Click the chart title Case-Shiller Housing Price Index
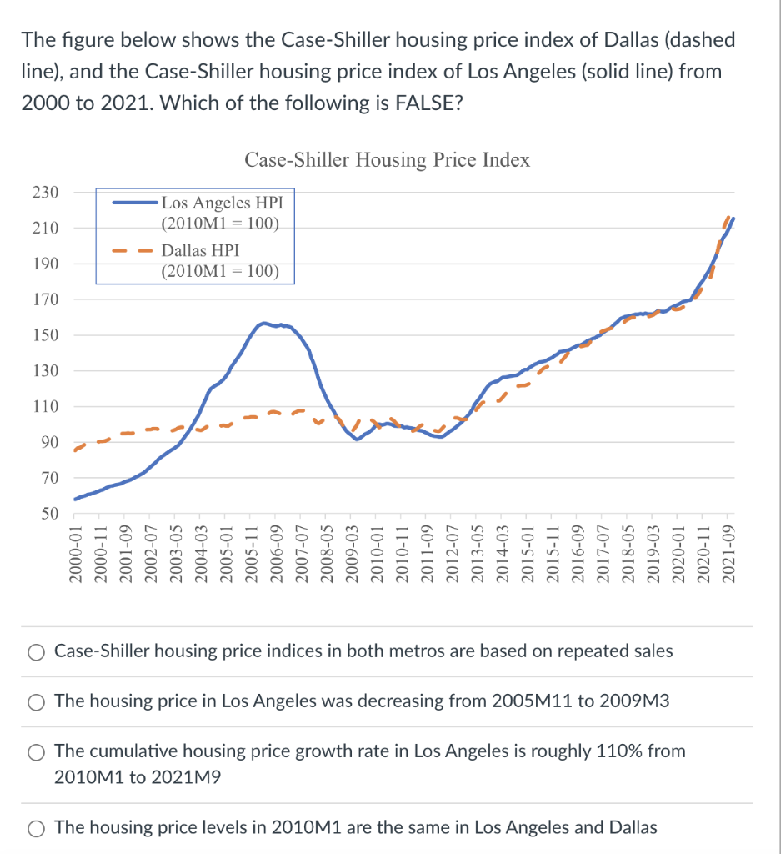(387, 159)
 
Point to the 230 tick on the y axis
(45, 193)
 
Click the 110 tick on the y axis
(45, 407)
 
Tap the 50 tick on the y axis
(48, 514)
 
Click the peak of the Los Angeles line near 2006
(264, 323)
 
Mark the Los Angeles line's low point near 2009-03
(357, 439)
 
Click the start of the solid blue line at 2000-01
(75, 500)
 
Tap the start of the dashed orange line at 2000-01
(75, 450)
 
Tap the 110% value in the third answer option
(619, 751)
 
